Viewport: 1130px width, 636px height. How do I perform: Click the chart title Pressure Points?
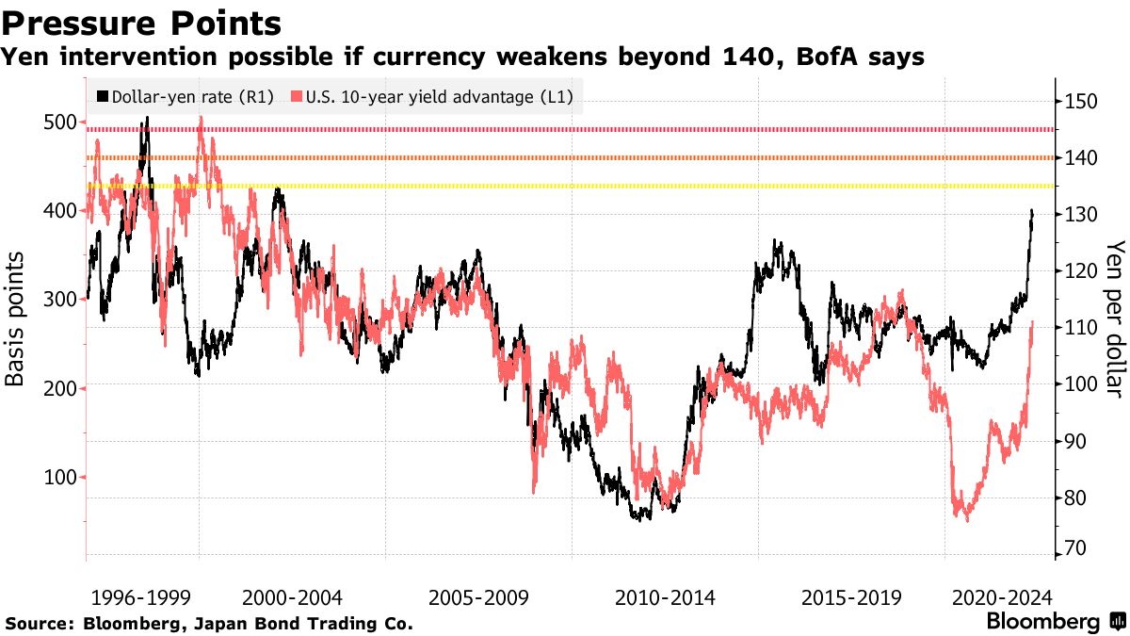[x=141, y=23]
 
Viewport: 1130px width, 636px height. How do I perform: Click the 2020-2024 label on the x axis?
[x=1002, y=597]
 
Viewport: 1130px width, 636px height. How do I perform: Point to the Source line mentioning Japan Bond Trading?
[x=209, y=624]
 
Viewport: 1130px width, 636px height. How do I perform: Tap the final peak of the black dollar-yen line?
[x=1032, y=211]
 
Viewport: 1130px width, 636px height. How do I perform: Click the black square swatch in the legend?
[x=103, y=97]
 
